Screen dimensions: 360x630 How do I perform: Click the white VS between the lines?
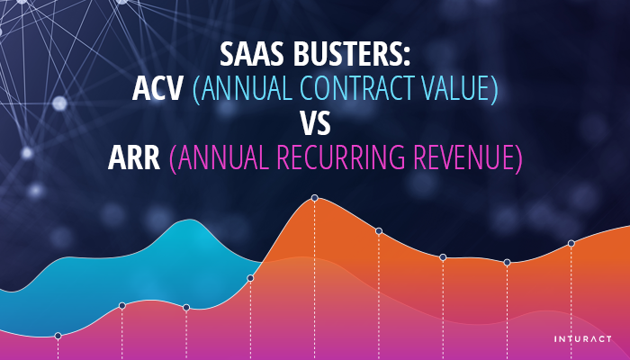[314, 123]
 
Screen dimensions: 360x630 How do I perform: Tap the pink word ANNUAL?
[217, 157]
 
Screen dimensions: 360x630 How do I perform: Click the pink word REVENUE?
[469, 157]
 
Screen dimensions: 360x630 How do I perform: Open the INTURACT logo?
[583, 339]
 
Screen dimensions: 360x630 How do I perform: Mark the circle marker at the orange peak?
[314, 198]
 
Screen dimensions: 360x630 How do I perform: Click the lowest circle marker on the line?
[58, 336]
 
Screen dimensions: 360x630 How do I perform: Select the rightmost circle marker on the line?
[571, 244]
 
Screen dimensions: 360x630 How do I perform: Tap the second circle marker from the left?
[122, 305]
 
